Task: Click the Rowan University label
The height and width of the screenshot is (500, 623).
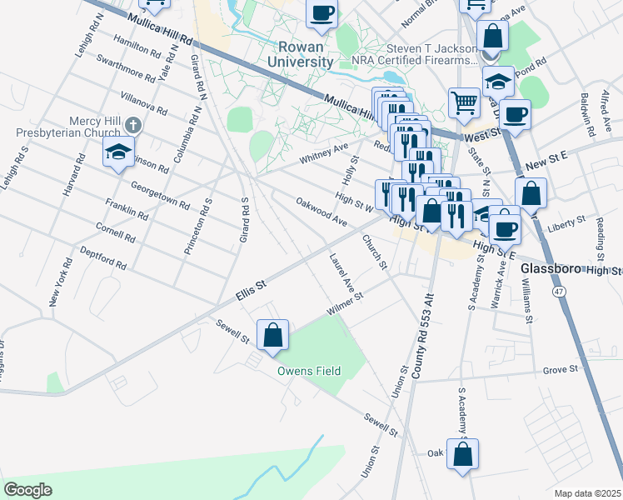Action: point(301,53)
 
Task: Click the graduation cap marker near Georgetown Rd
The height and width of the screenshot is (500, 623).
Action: point(118,152)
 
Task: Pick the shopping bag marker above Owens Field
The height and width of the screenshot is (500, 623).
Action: point(272,336)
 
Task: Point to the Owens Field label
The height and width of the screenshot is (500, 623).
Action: point(309,371)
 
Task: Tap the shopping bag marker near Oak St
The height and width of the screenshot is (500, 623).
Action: point(462,454)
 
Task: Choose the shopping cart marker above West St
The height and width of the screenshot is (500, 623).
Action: point(465,103)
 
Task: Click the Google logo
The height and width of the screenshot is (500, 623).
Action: point(27,490)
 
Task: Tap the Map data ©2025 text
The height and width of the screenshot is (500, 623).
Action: point(587,493)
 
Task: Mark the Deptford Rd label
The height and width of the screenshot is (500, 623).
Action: point(102,258)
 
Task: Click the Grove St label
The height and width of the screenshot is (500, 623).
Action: point(561,369)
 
